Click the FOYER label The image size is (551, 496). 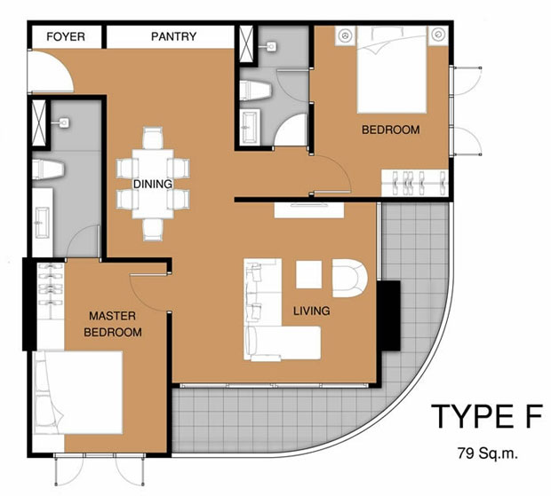pos(66,36)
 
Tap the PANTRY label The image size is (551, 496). pos(173,36)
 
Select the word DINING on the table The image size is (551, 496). pos(153,184)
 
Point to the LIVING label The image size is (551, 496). pos(311,311)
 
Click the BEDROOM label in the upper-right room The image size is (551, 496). pos(391,130)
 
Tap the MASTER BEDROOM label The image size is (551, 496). pos(113,324)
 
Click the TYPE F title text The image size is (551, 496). pos(487,416)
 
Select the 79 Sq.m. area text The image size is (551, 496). pos(487,453)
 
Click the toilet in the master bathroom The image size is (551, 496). pos(48,169)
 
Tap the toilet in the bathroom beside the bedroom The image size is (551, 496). pos(255,91)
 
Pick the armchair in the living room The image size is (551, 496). pos(349,279)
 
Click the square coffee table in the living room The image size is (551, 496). pos(309,275)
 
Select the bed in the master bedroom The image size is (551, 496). pos(78,392)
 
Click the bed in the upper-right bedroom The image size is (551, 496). pos(392,69)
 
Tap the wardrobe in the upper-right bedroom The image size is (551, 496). pos(415,183)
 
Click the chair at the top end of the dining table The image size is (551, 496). pos(153,138)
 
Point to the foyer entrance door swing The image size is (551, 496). pos(51,71)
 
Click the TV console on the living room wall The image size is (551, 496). pos(309,210)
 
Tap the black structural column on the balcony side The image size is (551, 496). pos(388,315)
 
